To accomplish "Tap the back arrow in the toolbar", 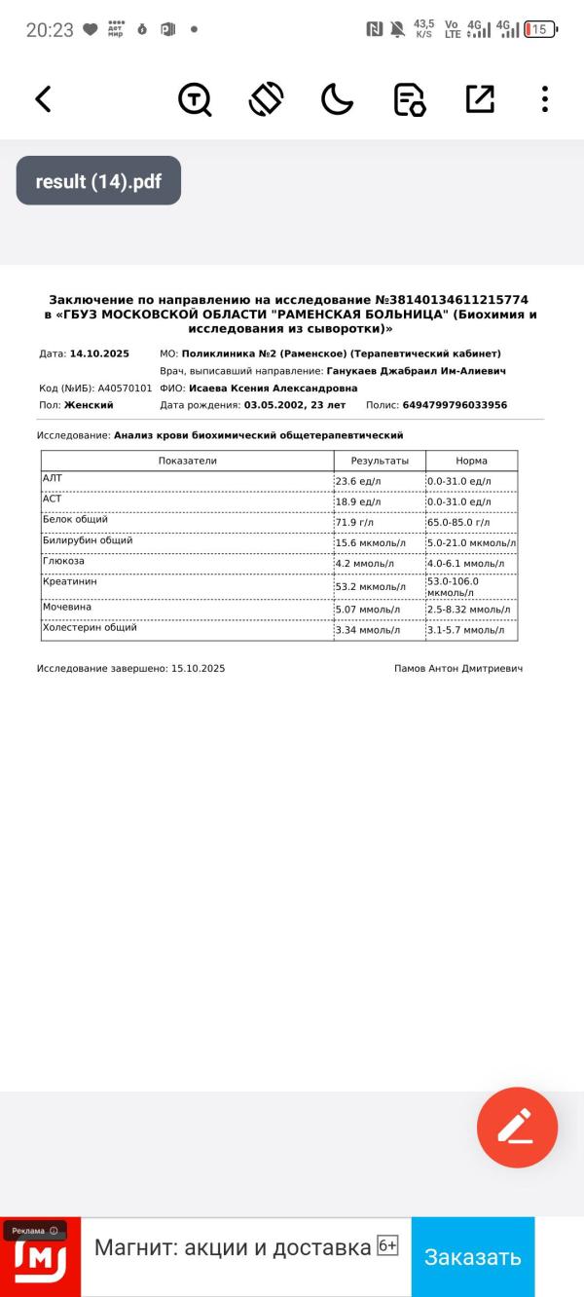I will [43, 98].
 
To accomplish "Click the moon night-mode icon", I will [337, 98].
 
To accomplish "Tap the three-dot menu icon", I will [544, 98].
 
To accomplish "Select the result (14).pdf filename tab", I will [98, 181].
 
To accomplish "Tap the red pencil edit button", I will [517, 1127].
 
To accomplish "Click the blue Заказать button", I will [472, 1256].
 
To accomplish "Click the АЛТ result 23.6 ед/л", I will [358, 481].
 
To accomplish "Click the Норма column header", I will [471, 461].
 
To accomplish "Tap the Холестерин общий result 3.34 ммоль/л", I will [367, 630].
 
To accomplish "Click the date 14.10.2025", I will [99, 353].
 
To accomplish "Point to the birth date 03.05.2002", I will [274, 405].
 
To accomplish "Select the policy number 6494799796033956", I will [455, 405].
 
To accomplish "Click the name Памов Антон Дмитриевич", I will [458, 669].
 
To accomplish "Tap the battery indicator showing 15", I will [539, 29].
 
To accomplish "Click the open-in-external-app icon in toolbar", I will [480, 98].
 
